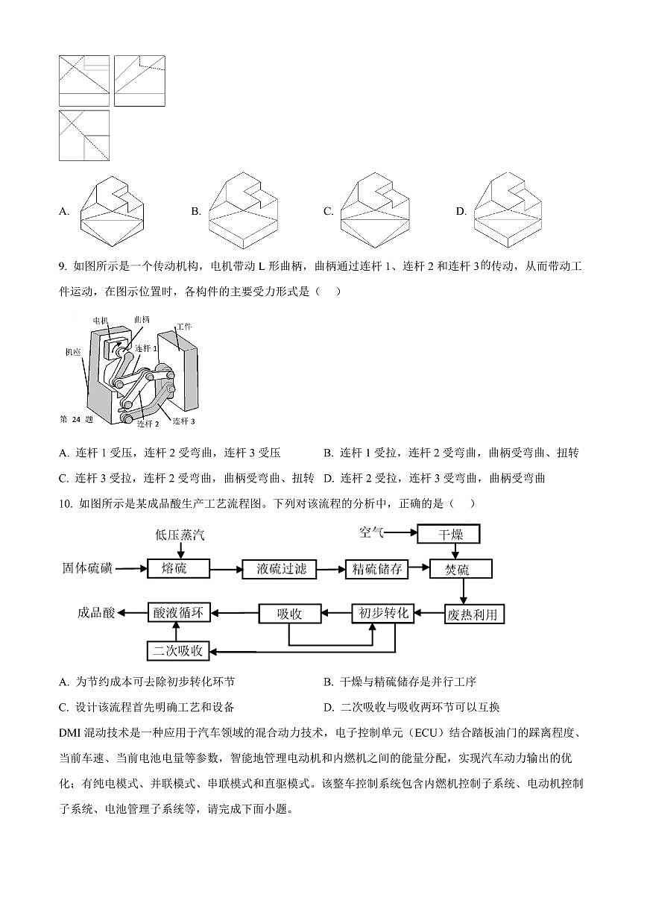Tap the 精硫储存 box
click(x=377, y=569)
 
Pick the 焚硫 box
click(x=461, y=569)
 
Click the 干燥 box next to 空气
click(x=448, y=534)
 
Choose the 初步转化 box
click(x=384, y=614)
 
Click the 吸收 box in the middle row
click(x=289, y=614)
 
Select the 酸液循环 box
click(x=178, y=614)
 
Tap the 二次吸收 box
click(x=178, y=650)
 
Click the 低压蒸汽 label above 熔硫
click(x=179, y=535)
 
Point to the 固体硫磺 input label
click(x=87, y=569)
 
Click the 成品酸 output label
click(x=97, y=614)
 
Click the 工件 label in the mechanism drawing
click(x=183, y=327)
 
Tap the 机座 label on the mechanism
click(x=72, y=352)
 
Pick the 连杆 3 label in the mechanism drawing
click(x=183, y=421)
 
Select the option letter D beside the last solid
click(x=460, y=212)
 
